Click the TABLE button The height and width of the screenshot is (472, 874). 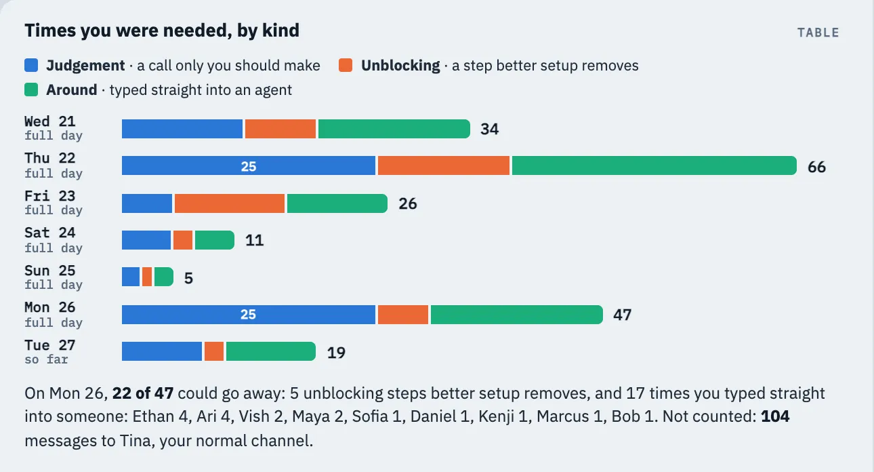pyautogui.click(x=818, y=33)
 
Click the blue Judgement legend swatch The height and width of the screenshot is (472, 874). pyautogui.click(x=31, y=65)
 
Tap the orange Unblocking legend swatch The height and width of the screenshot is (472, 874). pyautogui.click(x=346, y=65)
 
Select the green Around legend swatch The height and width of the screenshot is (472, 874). pyautogui.click(x=31, y=90)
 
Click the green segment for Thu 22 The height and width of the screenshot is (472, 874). pyautogui.click(x=654, y=165)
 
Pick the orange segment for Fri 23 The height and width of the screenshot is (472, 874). pyautogui.click(x=230, y=203)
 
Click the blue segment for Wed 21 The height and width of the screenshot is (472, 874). pyautogui.click(x=182, y=129)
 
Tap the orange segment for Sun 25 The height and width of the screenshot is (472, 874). pyautogui.click(x=147, y=277)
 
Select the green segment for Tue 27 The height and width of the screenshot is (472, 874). pyautogui.click(x=271, y=351)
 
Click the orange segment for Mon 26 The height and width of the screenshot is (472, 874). pyautogui.click(x=403, y=315)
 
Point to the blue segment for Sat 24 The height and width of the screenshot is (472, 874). pyautogui.click(x=146, y=240)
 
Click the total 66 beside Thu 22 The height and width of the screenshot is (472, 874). pyautogui.click(x=816, y=167)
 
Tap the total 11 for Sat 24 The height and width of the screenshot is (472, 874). pyautogui.click(x=254, y=241)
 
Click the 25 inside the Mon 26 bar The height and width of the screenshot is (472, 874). pyautogui.click(x=248, y=315)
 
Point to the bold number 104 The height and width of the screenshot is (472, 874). pyautogui.click(x=775, y=416)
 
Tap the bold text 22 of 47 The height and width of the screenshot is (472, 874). pyautogui.click(x=143, y=393)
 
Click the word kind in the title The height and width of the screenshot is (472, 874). pyautogui.click(x=280, y=31)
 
